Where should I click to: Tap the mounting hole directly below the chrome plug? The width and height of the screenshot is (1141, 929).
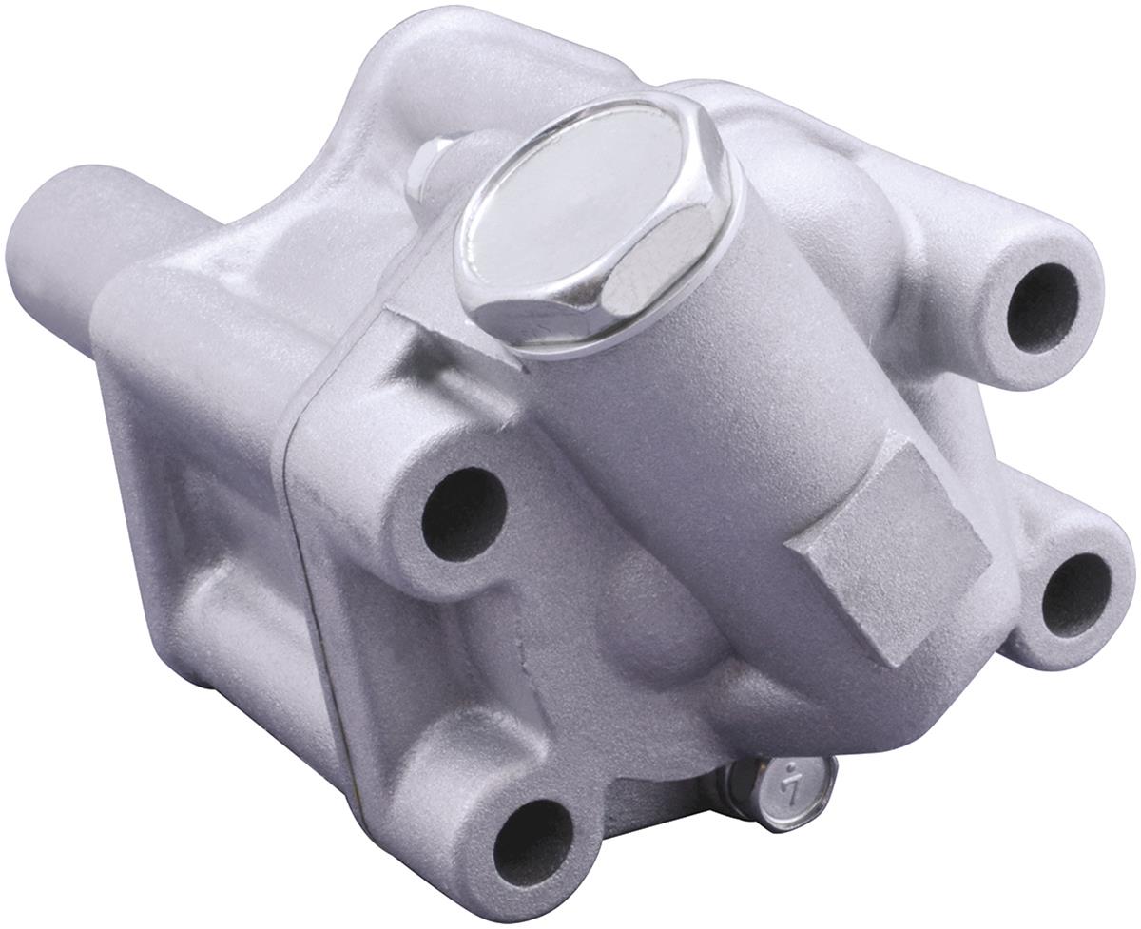(463, 514)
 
